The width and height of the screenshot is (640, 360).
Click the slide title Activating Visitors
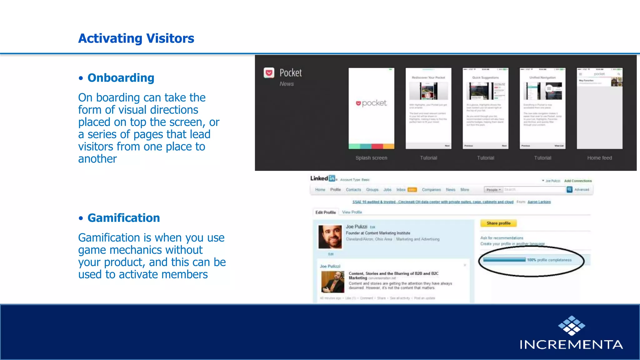[136, 38]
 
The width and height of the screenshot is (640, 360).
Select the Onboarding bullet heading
[121, 78]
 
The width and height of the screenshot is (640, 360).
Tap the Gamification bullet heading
[123, 218]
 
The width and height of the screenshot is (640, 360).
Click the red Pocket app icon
[269, 73]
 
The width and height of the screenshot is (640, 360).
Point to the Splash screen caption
[371, 158]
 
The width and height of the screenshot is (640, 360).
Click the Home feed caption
[599, 158]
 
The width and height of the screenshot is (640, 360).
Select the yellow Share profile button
[498, 223]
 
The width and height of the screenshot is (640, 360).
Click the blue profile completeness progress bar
[504, 260]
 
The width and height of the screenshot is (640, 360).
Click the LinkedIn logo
[323, 178]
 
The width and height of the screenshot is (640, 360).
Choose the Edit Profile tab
[325, 212]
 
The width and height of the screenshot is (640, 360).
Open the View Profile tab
[352, 212]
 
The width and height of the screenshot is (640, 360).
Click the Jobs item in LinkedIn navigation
[387, 190]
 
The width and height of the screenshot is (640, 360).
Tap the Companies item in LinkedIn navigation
[431, 190]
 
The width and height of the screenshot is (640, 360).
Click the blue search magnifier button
[569, 189]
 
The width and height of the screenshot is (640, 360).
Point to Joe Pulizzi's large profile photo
[330, 237]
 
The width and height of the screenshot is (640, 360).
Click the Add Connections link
[578, 181]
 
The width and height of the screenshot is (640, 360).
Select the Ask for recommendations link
[502, 238]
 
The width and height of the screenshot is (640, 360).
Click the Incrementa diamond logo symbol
[572, 325]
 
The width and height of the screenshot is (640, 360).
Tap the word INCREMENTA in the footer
[571, 344]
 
